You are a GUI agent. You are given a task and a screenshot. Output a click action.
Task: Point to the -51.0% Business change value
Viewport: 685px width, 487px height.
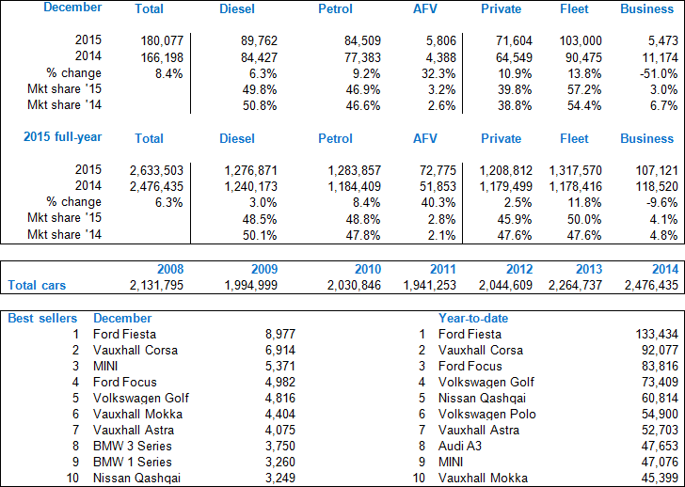tap(654, 73)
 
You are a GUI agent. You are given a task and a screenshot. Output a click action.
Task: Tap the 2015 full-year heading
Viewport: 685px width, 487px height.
tap(63, 138)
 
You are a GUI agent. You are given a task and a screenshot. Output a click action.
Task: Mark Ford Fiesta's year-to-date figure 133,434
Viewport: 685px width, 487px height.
tap(650, 334)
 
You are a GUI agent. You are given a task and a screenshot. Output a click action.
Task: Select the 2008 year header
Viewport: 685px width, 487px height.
tap(170, 268)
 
